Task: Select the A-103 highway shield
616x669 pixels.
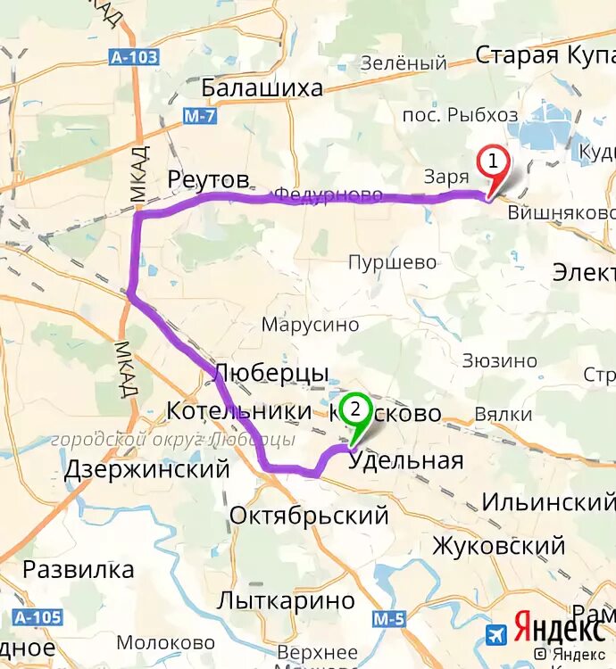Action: pyautogui.click(x=135, y=57)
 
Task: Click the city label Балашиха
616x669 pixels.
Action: pyautogui.click(x=262, y=87)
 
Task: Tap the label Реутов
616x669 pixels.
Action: pyautogui.click(x=208, y=180)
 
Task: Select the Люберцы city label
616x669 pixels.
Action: pyautogui.click(x=272, y=372)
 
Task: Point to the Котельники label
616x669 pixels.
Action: pyautogui.click(x=238, y=412)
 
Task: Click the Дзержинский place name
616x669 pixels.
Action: pyautogui.click(x=147, y=469)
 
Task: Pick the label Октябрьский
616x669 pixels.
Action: pyautogui.click(x=309, y=515)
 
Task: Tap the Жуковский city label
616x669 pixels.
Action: pyautogui.click(x=499, y=545)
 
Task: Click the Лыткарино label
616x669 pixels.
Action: pyautogui.click(x=286, y=600)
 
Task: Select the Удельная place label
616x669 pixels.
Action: pyautogui.click(x=406, y=460)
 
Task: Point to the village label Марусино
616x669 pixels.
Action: pyautogui.click(x=310, y=325)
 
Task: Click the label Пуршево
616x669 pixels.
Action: pyautogui.click(x=393, y=262)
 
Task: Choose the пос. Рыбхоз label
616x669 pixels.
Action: pyautogui.click(x=460, y=114)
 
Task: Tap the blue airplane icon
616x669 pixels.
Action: pyautogui.click(x=496, y=634)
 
